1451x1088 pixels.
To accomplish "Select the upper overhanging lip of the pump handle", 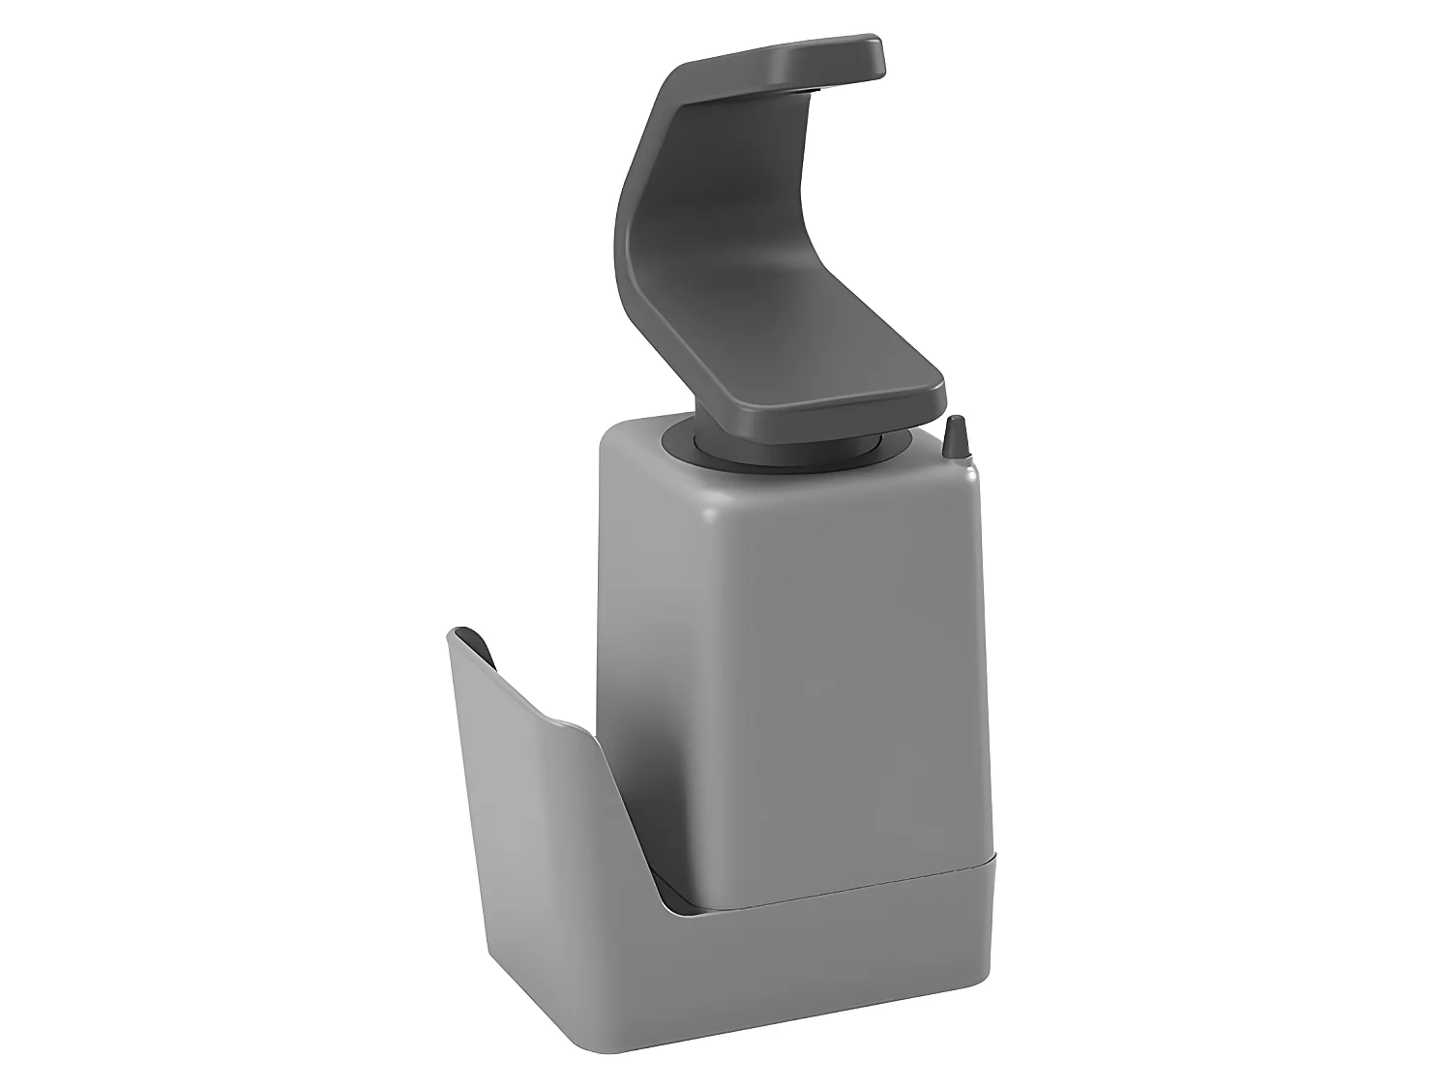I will click(x=793, y=60).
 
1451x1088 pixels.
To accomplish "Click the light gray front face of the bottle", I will click(x=774, y=658).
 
